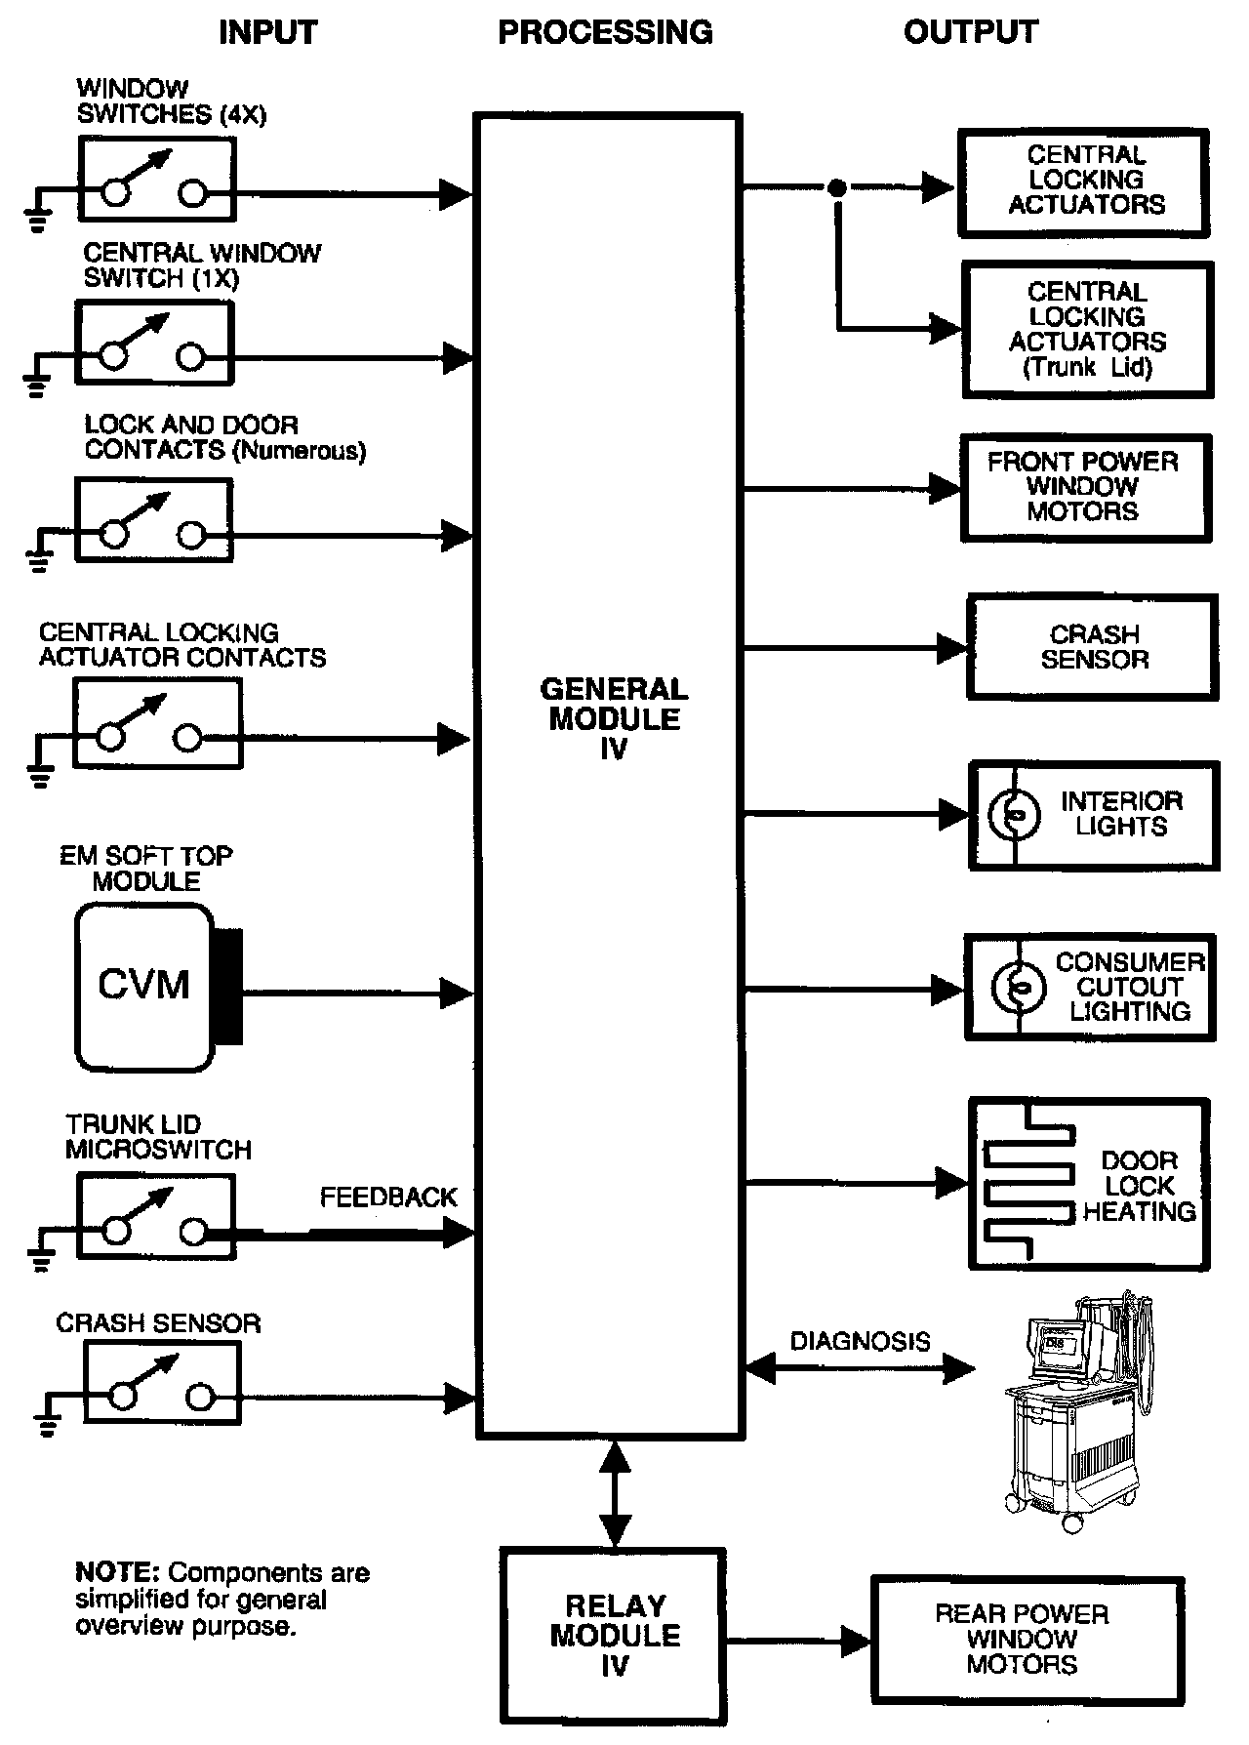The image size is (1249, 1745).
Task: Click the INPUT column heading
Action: [267, 32]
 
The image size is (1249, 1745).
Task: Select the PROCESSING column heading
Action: [605, 32]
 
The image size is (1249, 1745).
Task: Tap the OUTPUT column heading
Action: [970, 32]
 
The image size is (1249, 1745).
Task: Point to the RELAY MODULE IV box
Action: [614, 1635]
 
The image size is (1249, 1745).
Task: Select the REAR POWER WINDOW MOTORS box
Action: [1027, 1639]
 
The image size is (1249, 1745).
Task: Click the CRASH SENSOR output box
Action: [1093, 647]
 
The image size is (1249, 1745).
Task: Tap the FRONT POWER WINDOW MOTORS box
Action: [1085, 487]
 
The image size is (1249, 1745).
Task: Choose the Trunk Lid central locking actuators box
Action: [1088, 329]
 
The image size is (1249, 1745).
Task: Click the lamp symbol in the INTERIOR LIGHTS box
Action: [1013, 816]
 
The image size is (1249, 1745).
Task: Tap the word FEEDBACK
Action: [388, 1197]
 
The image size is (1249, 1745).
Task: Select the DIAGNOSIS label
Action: [860, 1341]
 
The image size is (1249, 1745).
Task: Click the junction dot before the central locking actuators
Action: [836, 187]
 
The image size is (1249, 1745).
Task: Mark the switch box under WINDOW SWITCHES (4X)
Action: [157, 179]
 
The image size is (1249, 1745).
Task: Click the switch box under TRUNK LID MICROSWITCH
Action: [156, 1216]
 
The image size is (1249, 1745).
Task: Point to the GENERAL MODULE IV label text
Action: [614, 718]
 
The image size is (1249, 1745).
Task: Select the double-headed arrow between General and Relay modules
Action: [615, 1492]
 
